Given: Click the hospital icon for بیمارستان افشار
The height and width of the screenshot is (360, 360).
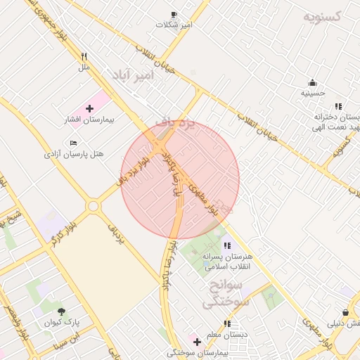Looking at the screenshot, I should (x=89, y=108).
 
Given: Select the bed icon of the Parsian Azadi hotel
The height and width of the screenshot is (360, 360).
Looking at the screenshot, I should (x=74, y=143).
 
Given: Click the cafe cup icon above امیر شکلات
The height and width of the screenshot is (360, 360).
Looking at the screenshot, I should (x=174, y=14).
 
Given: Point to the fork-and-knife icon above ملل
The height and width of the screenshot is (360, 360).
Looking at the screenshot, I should (x=84, y=57).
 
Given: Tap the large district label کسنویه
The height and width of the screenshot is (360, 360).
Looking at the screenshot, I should (x=321, y=16).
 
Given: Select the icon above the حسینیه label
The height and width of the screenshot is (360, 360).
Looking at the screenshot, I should (x=312, y=82).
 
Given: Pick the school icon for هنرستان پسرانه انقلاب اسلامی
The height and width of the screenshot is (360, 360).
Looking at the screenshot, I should (x=226, y=245).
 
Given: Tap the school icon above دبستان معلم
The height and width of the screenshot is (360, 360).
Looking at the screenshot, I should (x=227, y=323).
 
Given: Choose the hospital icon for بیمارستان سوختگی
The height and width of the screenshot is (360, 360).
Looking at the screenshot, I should (x=197, y=342).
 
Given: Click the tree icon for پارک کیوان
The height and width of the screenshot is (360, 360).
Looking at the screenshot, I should (x=62, y=311).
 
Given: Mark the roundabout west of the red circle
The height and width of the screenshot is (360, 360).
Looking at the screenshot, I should (x=93, y=206).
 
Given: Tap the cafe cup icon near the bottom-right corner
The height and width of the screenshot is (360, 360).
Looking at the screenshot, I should (x=345, y=312).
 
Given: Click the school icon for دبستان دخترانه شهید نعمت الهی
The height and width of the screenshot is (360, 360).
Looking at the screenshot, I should (x=338, y=106).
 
